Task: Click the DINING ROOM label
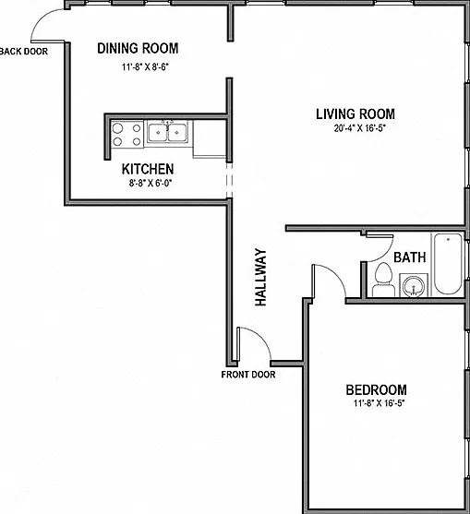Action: click(x=138, y=48)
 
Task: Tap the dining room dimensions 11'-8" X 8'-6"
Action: click(x=145, y=67)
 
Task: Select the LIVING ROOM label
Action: click(x=356, y=114)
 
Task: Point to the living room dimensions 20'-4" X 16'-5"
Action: click(x=360, y=128)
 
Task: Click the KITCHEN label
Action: click(x=148, y=169)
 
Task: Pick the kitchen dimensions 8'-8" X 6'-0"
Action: click(x=151, y=183)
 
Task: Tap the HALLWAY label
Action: click(x=260, y=278)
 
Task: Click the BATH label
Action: click(x=410, y=257)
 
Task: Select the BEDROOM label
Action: click(x=376, y=389)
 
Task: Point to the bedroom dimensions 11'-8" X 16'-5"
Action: click(x=380, y=403)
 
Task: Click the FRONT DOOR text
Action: click(x=248, y=375)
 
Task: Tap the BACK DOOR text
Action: click(x=24, y=52)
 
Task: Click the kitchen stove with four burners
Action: click(x=127, y=135)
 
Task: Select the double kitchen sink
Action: click(x=168, y=132)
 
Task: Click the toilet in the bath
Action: click(x=383, y=280)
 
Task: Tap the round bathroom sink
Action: click(x=414, y=285)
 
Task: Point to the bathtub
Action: click(x=448, y=264)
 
